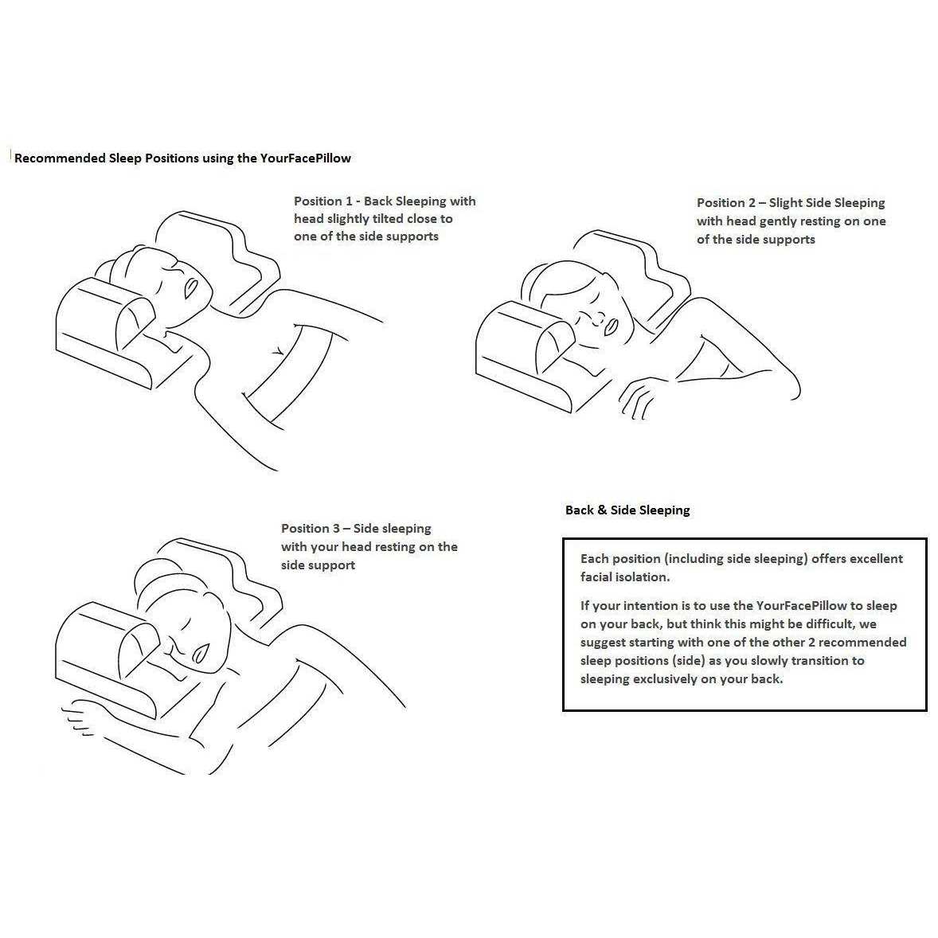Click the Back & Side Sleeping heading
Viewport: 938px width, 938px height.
[x=627, y=510]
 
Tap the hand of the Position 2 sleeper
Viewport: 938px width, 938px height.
[x=640, y=397]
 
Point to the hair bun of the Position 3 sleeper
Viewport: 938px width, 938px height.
[x=147, y=573]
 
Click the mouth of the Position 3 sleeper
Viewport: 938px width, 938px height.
[x=201, y=651]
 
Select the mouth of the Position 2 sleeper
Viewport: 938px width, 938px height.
[x=611, y=326]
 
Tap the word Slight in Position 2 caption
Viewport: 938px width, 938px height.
[x=787, y=203]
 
